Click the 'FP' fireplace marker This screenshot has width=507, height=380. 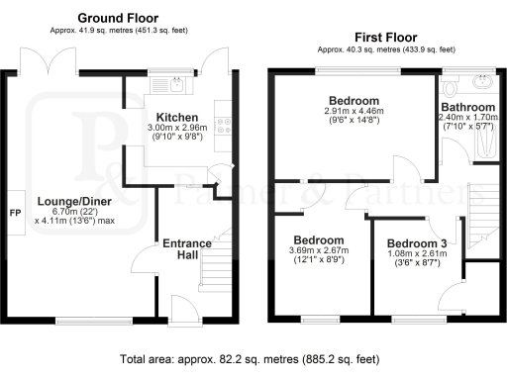[15, 213]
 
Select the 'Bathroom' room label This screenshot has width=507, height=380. [467, 107]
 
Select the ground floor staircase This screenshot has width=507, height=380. [218, 259]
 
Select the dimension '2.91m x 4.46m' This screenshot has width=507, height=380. [355, 113]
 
